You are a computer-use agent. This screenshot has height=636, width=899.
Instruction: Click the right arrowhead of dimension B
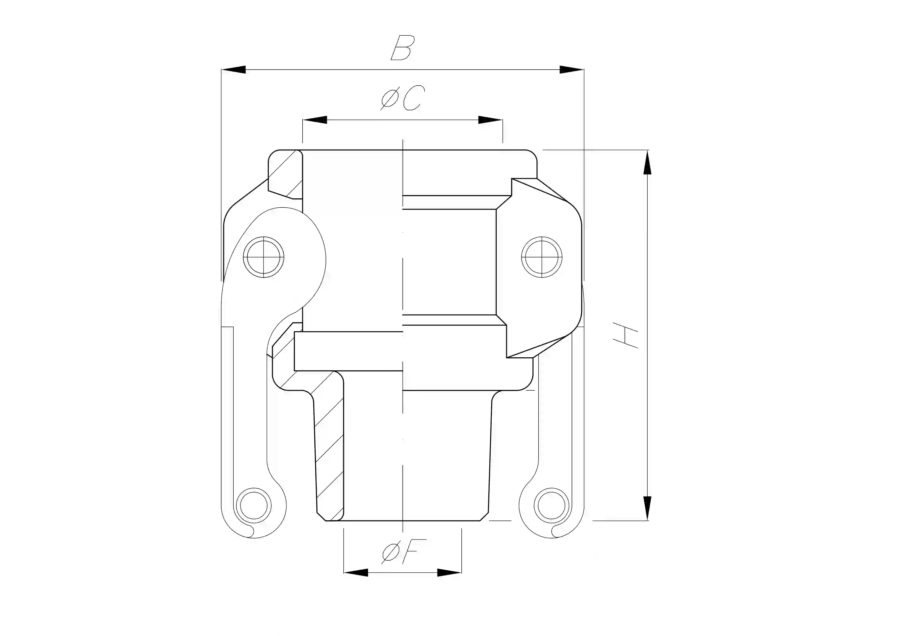pyautogui.click(x=571, y=70)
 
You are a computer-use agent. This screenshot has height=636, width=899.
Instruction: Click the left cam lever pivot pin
pyautogui.click(x=264, y=257)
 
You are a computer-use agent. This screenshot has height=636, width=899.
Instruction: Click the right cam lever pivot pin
pyautogui.click(x=542, y=257)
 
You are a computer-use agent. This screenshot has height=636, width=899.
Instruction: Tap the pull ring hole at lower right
pyautogui.click(x=551, y=506)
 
